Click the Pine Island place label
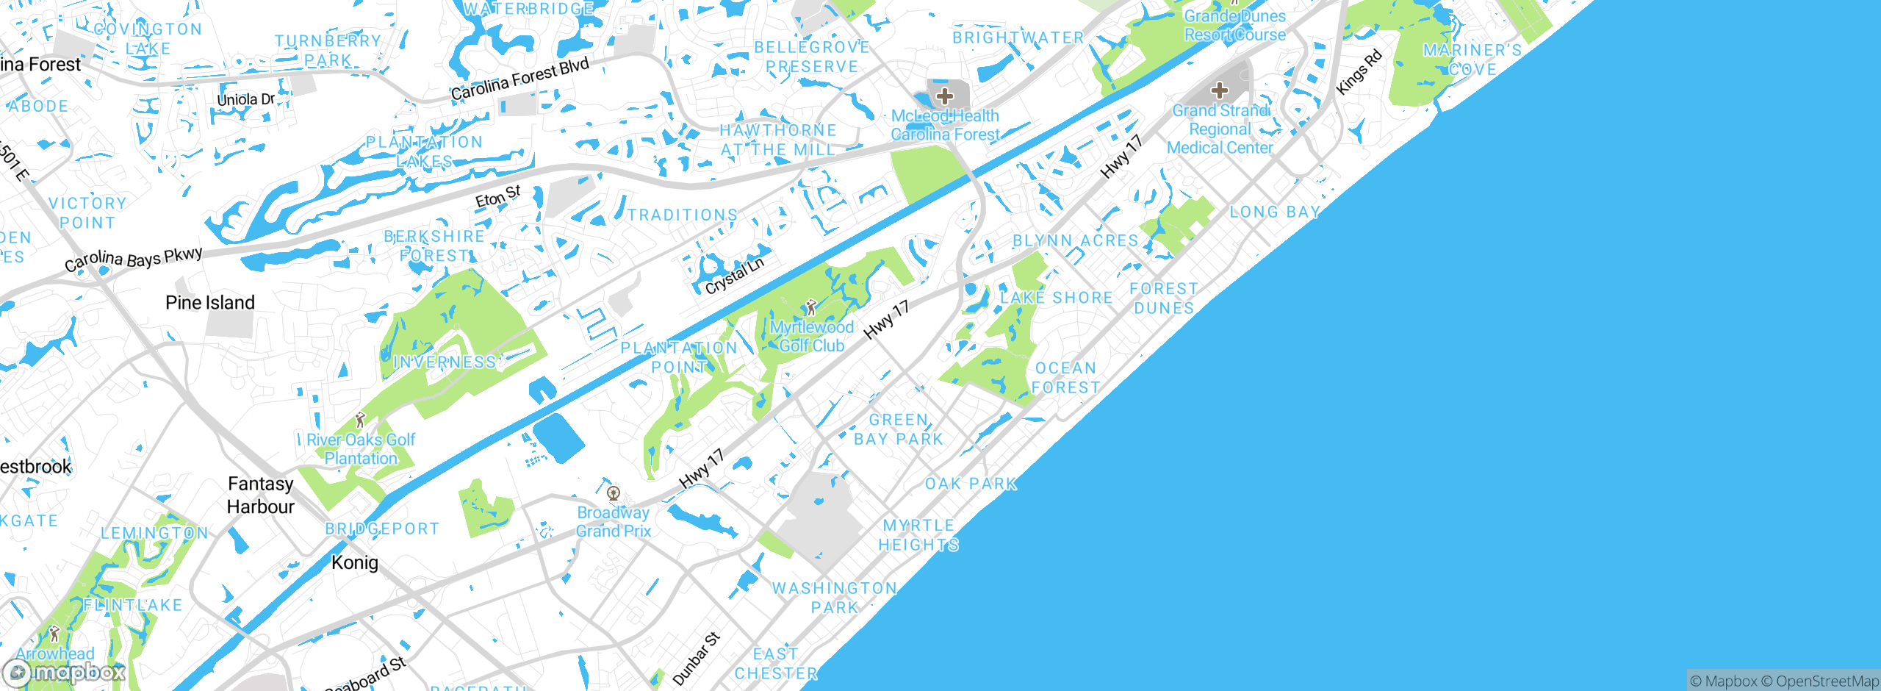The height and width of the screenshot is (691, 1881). [210, 303]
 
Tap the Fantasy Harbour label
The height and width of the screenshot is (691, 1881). [260, 495]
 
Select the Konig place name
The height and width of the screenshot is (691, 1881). [355, 562]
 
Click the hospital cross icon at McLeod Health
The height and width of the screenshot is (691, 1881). [945, 96]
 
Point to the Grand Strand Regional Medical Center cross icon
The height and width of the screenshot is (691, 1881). [1220, 90]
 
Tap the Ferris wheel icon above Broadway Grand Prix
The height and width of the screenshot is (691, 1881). [614, 493]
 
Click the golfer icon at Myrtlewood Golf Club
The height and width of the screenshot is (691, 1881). [811, 307]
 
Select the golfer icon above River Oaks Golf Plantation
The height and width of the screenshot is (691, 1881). [360, 420]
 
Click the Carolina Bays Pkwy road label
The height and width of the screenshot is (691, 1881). [134, 259]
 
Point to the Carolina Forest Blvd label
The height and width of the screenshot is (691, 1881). [519, 79]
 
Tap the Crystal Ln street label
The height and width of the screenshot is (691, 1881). [735, 276]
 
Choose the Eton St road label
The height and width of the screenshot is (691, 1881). [497, 196]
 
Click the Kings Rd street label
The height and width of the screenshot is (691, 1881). [1359, 72]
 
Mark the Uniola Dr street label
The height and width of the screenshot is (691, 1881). [245, 99]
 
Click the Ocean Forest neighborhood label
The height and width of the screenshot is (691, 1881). [1065, 378]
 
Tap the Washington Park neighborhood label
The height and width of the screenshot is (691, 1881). [835, 598]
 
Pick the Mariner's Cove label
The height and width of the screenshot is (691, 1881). [1472, 60]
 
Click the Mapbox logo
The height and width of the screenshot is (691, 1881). [65, 672]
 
